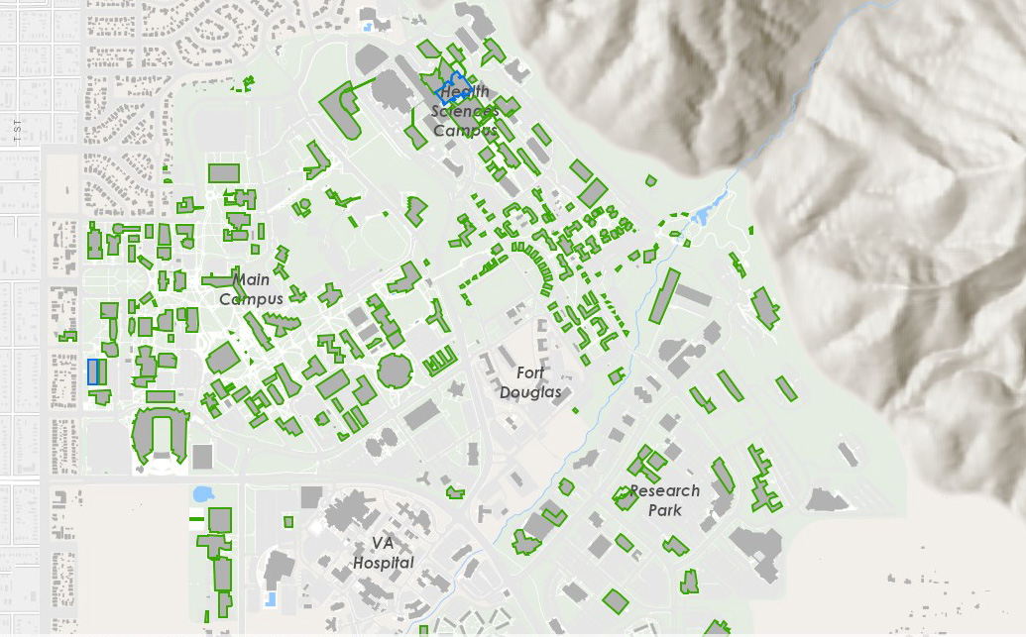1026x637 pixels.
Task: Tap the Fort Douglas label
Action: pos(530,382)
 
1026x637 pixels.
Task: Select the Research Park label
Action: pos(664,500)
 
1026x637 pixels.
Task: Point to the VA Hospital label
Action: pos(383,553)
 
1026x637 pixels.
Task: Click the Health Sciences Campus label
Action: pos(465,111)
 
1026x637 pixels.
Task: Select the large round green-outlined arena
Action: pos(395,372)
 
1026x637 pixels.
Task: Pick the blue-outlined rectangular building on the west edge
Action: pos(95,372)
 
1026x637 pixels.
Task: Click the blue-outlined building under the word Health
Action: pos(453,89)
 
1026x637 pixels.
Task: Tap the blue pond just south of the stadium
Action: pos(202,492)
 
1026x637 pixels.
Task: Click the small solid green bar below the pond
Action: pos(196,517)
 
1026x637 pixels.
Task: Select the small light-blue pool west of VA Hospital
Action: pos(271,598)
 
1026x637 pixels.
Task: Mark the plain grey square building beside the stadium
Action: pos(202,457)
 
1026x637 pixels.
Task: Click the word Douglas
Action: pos(530,392)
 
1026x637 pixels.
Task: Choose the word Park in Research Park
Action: pos(665,510)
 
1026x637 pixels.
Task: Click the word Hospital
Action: pos(383,563)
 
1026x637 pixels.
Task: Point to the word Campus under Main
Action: pos(251,298)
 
